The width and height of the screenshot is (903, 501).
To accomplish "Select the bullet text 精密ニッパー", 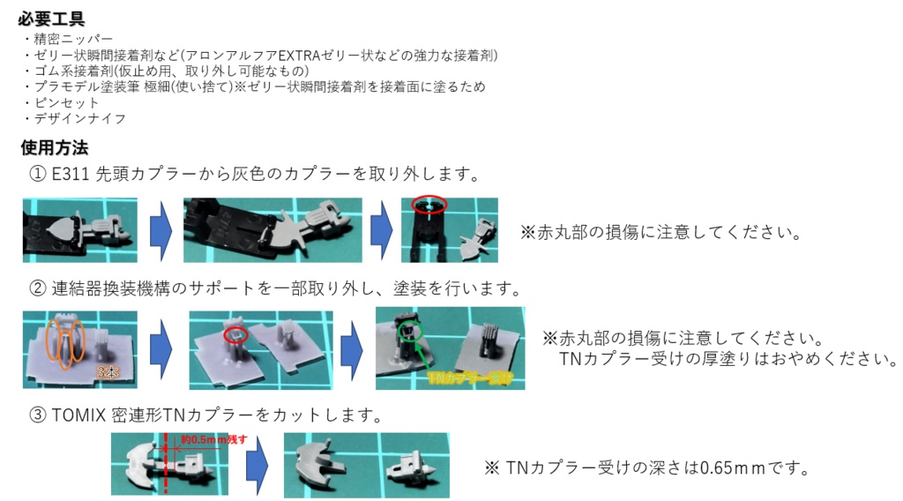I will click(x=73, y=40).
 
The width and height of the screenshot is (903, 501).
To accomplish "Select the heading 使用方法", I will click(x=52, y=147).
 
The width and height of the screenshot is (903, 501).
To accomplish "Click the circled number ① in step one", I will click(x=38, y=174).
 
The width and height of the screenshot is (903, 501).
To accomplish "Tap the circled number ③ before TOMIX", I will click(x=38, y=415).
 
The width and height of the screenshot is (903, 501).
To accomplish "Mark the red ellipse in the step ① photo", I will click(x=428, y=205).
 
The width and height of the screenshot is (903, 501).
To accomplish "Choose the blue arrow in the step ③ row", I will click(x=256, y=464).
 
